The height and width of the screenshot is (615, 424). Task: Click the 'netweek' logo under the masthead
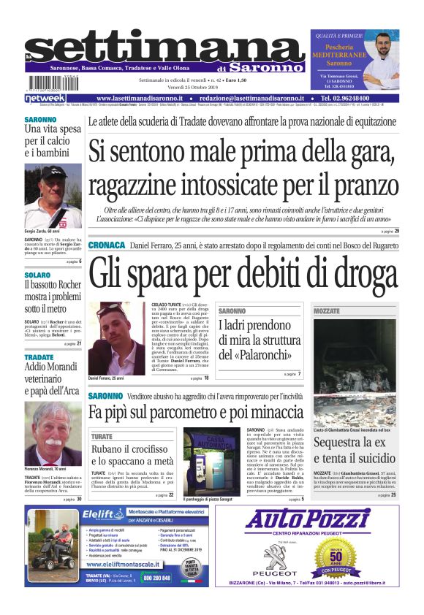click(45, 98)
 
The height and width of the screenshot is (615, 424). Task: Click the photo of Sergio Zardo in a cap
click(53, 195)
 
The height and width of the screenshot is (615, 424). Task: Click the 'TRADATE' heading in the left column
click(39, 357)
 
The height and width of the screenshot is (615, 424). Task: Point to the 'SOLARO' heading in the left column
click(37, 275)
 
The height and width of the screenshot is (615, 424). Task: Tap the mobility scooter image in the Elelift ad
click(53, 549)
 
